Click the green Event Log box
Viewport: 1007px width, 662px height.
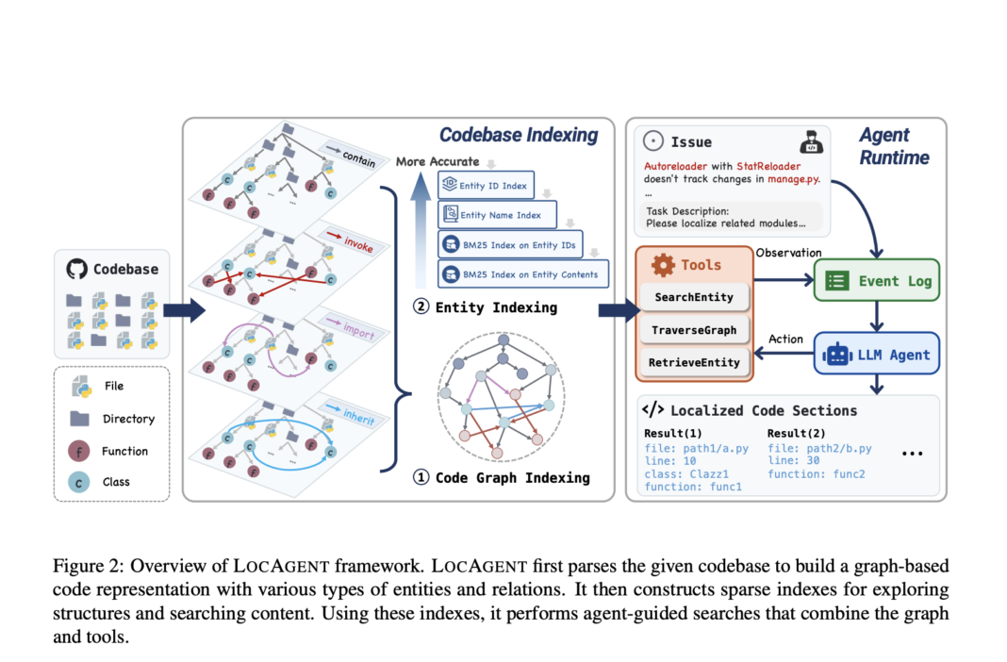876,280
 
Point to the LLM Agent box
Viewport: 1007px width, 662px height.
876,355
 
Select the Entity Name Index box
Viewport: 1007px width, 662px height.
497,215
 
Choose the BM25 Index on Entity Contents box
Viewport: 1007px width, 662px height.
524,274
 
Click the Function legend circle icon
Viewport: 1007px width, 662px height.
79,451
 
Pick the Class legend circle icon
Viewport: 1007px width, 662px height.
79,482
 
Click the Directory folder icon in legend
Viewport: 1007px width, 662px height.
79,418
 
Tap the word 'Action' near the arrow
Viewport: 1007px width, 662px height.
785,339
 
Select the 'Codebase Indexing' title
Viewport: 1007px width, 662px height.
519,135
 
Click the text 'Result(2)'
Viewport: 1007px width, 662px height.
793,433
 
